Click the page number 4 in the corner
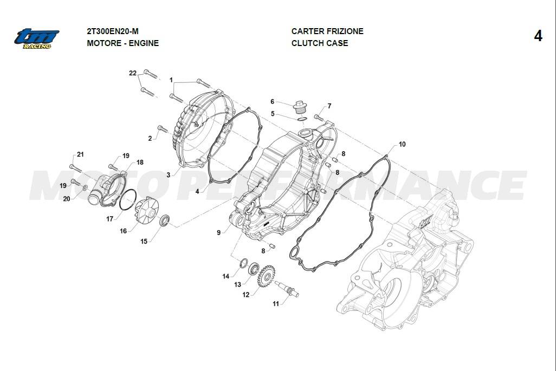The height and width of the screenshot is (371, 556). (x=538, y=36)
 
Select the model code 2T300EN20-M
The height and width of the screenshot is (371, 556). (x=113, y=31)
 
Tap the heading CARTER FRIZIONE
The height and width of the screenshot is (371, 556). (x=327, y=31)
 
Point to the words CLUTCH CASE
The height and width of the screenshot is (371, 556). (x=320, y=43)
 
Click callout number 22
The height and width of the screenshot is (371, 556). (x=133, y=73)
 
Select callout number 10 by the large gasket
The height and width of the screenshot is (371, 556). (x=402, y=144)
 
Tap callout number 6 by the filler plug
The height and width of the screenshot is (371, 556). (x=273, y=102)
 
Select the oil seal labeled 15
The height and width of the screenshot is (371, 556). (x=165, y=220)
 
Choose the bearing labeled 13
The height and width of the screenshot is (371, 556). (x=254, y=268)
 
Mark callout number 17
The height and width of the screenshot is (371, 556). (x=110, y=219)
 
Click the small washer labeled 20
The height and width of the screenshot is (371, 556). (x=85, y=187)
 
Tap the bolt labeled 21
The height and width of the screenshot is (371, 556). (x=75, y=168)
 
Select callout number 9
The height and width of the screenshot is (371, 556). (x=218, y=232)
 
